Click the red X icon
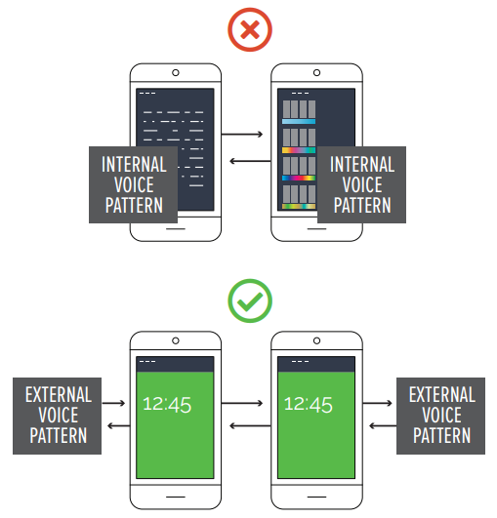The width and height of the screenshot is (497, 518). (250, 29)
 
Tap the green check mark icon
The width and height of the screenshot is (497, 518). (250, 300)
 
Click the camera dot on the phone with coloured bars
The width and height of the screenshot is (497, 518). (316, 73)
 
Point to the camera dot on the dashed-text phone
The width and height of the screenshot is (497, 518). (176, 73)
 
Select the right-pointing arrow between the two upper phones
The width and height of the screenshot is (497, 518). (242, 134)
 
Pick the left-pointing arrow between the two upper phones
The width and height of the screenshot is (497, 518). (250, 161)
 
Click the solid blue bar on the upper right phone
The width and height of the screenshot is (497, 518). (299, 122)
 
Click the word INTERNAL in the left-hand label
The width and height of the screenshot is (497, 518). (134, 165)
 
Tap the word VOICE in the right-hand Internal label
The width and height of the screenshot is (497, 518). (362, 184)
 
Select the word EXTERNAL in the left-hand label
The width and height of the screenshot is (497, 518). (59, 395)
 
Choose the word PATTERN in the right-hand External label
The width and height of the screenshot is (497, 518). (441, 435)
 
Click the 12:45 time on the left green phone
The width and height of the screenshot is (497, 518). (167, 405)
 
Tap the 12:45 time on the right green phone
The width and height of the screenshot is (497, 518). (309, 405)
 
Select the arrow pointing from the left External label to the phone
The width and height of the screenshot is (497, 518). (113, 403)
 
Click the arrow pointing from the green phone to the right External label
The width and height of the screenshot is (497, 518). (377, 403)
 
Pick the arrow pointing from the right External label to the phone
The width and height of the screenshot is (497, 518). (383, 426)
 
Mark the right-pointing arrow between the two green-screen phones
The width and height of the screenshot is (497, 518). (242, 403)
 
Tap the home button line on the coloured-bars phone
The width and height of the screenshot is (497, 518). (316, 228)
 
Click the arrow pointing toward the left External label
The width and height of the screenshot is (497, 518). (119, 426)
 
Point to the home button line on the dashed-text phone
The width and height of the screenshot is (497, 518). (176, 228)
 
